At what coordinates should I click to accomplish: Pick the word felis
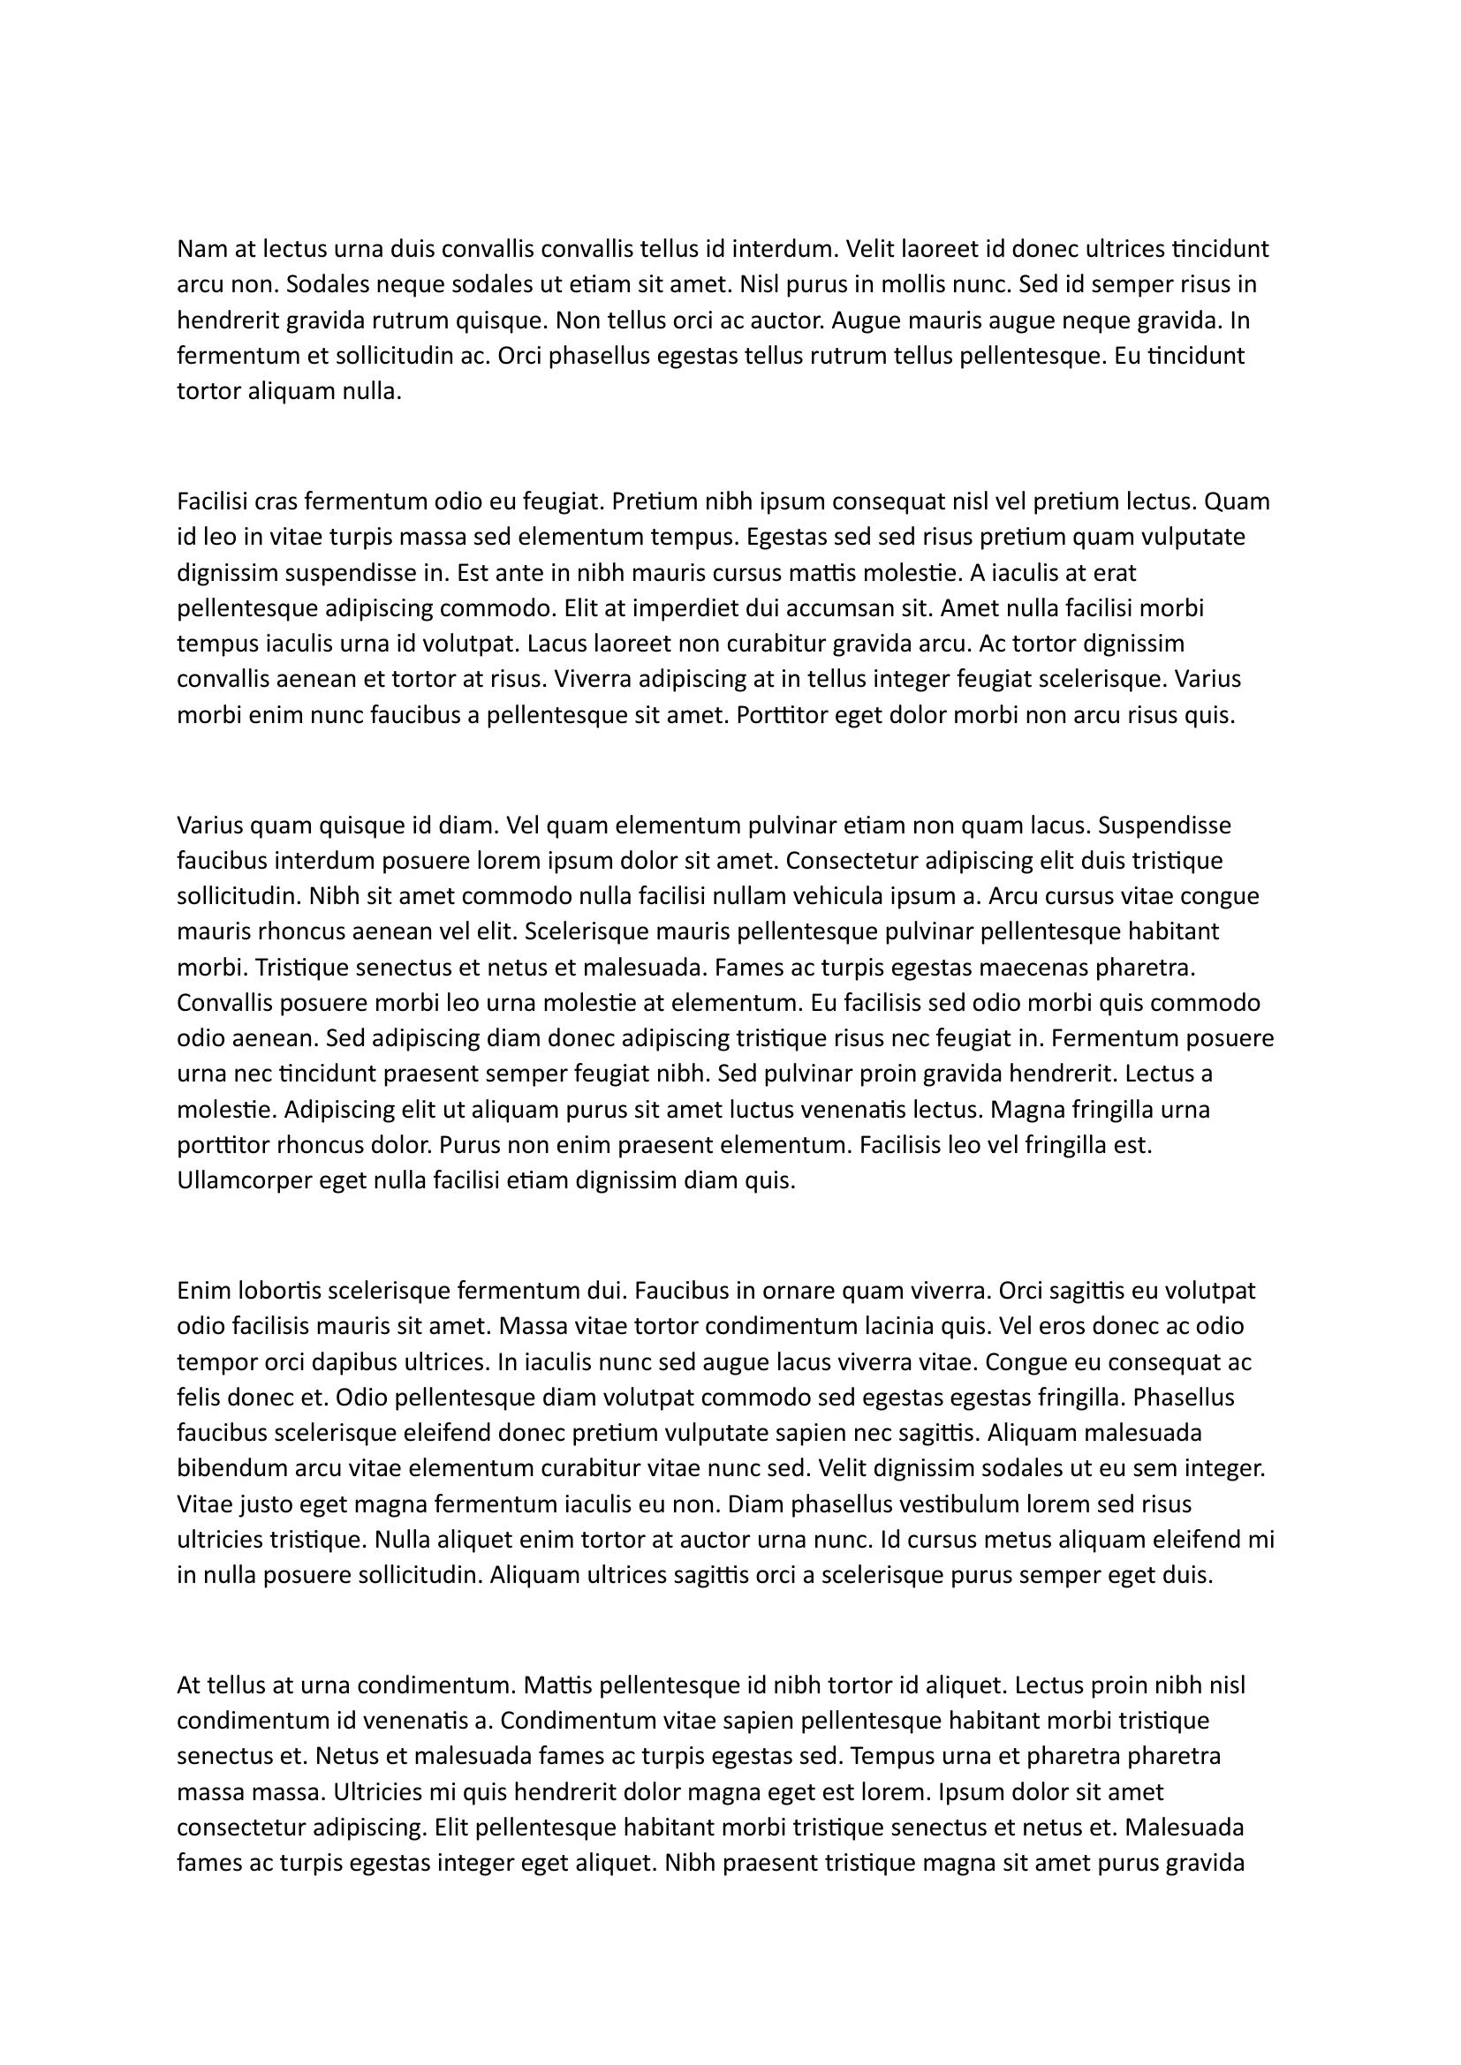(198, 1398)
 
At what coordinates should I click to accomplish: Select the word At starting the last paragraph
(189, 1684)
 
